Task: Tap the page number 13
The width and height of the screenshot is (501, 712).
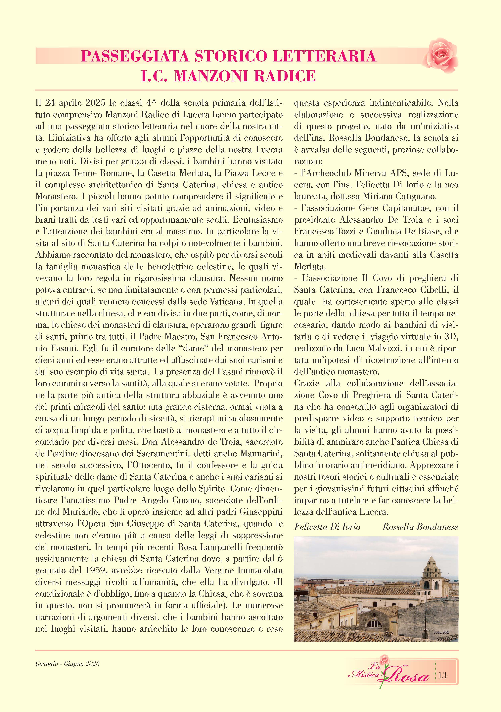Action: coord(442,675)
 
